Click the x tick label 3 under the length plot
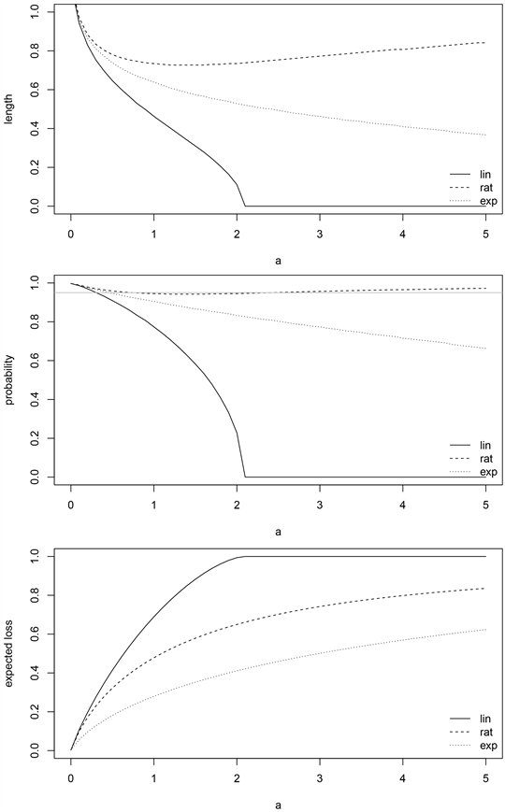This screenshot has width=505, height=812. [320, 230]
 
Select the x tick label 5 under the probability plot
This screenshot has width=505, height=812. [485, 504]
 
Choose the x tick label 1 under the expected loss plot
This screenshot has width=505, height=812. [153, 776]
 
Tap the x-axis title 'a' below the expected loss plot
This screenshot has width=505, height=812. [278, 803]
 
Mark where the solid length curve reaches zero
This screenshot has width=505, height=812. [245, 206]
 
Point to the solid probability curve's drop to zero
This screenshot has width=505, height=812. [245, 477]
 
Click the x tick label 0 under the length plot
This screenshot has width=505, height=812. [71, 230]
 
